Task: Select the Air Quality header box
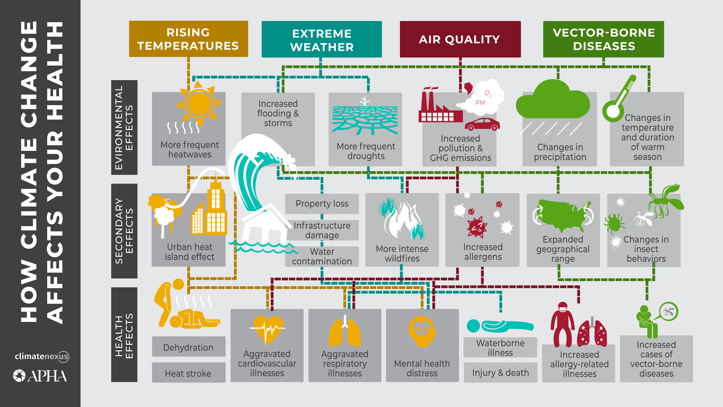tap(460, 39)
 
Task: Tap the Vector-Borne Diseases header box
tap(603, 39)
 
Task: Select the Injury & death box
tap(500, 373)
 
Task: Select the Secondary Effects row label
tap(124, 231)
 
